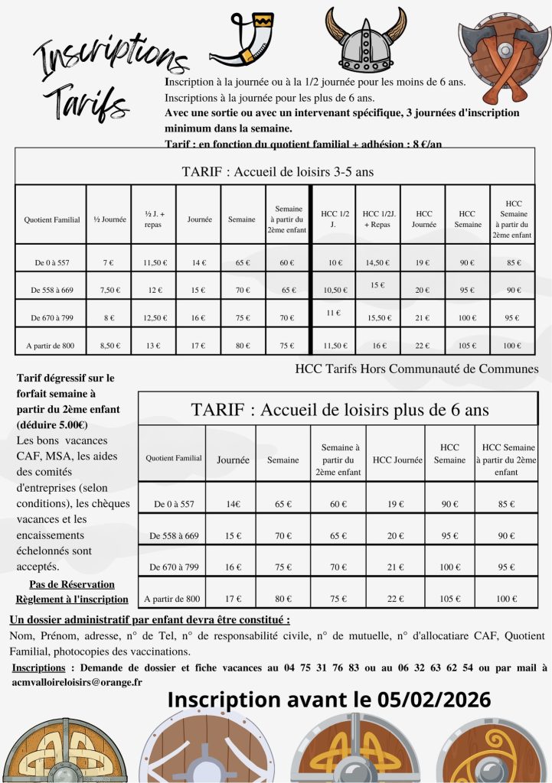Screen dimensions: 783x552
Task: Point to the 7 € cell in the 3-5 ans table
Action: coord(108,263)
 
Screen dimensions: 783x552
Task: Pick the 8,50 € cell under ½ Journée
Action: coord(108,346)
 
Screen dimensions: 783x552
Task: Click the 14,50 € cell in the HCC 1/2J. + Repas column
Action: coord(377,263)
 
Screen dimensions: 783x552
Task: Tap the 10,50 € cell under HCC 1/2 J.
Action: coord(333,291)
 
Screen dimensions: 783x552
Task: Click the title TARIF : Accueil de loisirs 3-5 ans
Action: coord(277,172)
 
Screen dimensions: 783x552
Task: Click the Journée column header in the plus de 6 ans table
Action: coord(234,460)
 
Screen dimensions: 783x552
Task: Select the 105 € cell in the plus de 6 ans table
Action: coord(449,599)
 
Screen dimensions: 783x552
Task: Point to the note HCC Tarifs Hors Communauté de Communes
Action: coord(416,369)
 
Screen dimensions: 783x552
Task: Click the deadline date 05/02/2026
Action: coord(434,700)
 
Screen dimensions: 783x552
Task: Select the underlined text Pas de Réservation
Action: coord(70,585)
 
